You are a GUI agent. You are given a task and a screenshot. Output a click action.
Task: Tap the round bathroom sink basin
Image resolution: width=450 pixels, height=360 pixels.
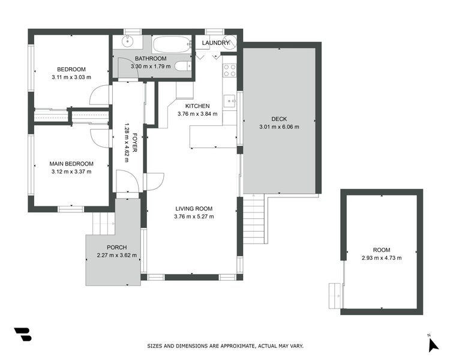pos(127,41)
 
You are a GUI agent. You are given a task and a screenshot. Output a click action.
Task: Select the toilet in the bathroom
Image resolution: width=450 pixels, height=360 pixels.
pos(184,67)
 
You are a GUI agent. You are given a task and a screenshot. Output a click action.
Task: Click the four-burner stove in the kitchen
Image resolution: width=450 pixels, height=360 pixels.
pos(229,70)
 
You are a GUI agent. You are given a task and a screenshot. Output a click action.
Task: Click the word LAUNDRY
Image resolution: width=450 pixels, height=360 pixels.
pos(216,43)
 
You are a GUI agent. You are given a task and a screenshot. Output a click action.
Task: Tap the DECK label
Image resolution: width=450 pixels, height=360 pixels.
pos(279,119)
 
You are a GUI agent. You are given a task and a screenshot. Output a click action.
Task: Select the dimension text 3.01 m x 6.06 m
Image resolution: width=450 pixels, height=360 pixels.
pos(279,127)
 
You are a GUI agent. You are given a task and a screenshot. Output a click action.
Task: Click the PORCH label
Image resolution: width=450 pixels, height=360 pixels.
pos(116,247)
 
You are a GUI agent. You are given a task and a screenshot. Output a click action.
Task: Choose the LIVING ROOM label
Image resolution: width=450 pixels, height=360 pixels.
pos(193,209)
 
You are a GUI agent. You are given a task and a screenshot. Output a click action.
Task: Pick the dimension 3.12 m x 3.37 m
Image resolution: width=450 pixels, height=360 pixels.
pos(71,172)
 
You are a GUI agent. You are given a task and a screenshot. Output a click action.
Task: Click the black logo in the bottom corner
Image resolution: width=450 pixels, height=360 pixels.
pos(22,334)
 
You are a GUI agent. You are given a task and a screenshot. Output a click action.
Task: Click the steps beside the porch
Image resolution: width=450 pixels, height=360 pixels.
pos(103,223)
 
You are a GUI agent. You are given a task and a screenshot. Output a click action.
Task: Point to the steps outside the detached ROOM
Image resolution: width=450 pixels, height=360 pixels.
pos(334,295)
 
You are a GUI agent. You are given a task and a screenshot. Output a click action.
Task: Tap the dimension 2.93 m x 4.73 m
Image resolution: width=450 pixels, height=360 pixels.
pos(382,257)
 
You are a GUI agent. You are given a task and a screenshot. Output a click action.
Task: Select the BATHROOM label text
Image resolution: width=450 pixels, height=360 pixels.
pos(151,58)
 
